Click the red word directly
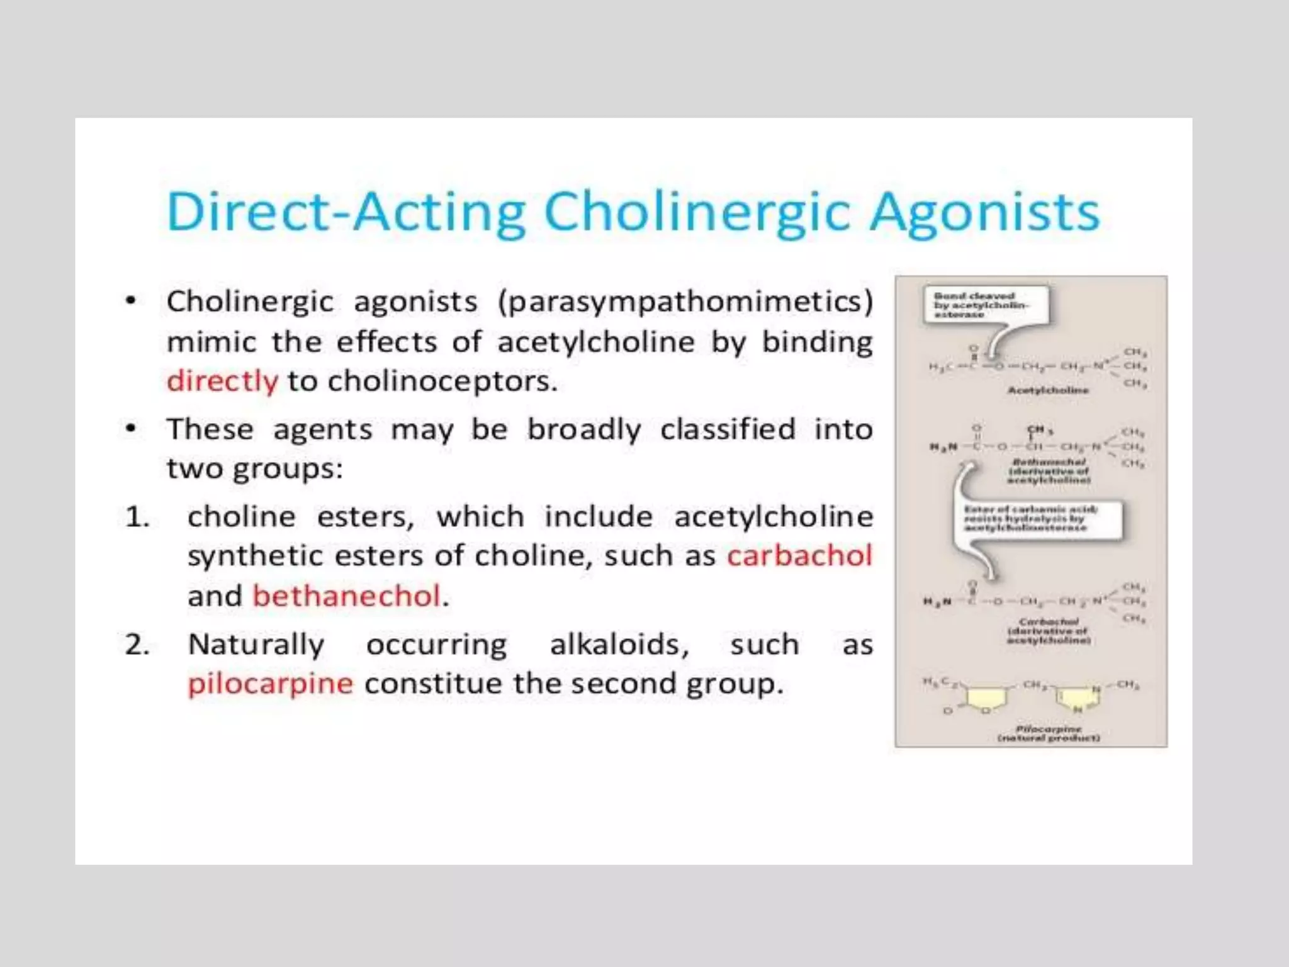point(222,382)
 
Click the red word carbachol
point(799,555)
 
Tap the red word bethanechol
point(346,596)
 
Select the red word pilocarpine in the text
point(271,684)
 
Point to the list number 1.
point(137,517)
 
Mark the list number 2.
point(137,645)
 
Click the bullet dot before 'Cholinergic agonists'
point(130,301)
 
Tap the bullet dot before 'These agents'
point(130,429)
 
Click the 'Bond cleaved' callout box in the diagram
point(985,305)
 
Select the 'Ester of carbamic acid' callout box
point(1037,519)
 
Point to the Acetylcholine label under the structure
point(1048,390)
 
